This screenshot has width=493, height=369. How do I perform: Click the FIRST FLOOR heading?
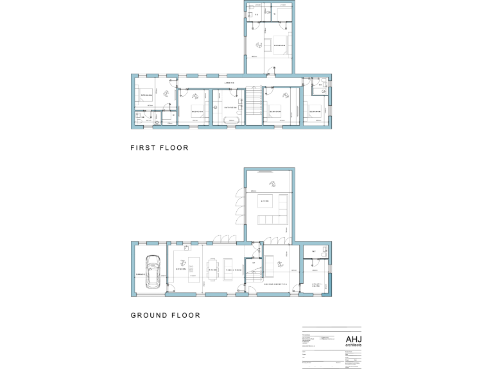(159, 148)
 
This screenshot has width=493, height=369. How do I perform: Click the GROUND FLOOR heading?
(165, 315)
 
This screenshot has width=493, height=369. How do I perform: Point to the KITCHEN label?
(180, 270)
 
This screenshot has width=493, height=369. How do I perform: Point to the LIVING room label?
(264, 201)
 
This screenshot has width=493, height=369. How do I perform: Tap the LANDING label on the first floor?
(229, 83)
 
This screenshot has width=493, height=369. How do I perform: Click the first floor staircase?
(254, 106)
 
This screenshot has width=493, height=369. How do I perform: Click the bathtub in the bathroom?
(229, 120)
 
